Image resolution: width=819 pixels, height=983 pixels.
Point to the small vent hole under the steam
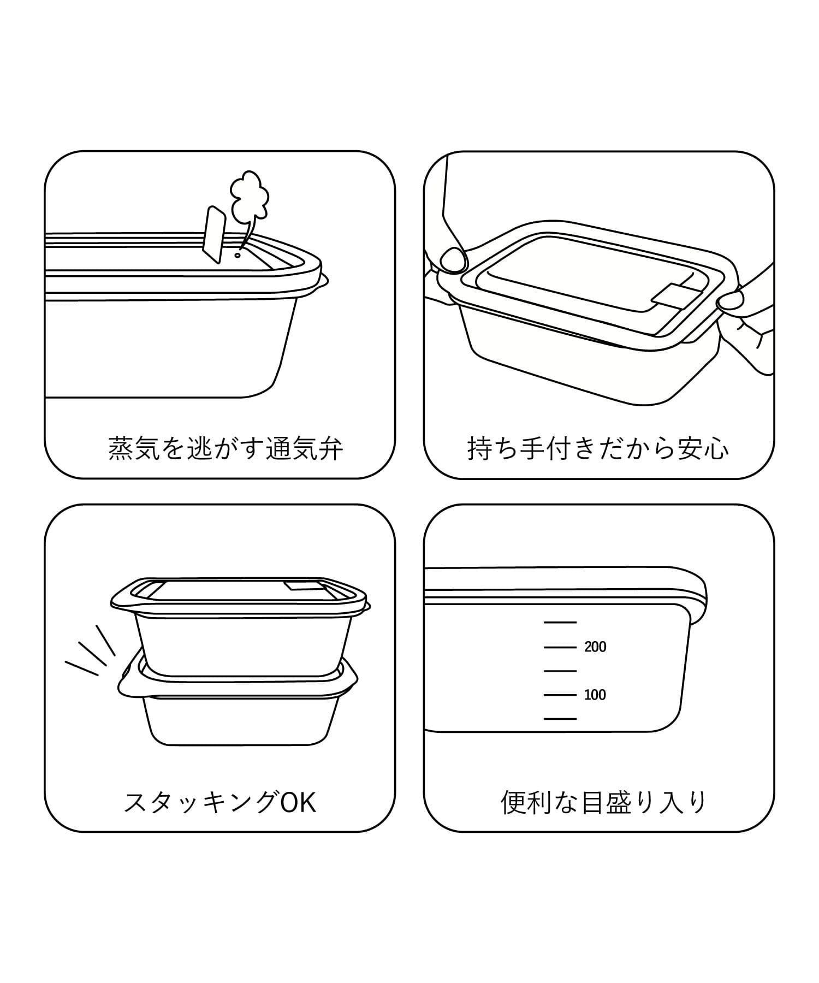pos(238,254)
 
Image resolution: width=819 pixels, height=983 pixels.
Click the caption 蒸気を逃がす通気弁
pos(225,448)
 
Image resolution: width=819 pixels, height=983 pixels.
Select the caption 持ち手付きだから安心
pos(598,448)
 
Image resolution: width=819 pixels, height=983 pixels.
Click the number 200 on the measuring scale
pos(595,647)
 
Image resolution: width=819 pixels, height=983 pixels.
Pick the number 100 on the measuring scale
pos(595,695)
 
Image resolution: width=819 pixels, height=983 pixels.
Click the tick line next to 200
pos(560,647)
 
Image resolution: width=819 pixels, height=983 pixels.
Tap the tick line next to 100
pos(560,695)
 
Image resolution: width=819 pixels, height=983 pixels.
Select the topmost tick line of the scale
pos(560,623)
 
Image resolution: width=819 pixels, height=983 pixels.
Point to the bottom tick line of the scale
pos(560,719)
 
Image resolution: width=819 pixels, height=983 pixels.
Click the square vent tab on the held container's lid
pos(670,296)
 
